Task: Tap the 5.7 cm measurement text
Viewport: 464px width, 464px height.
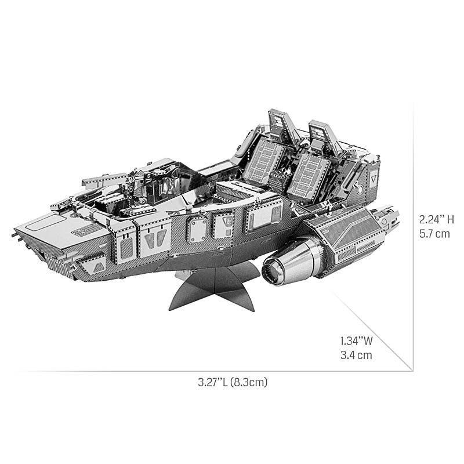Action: click(435, 234)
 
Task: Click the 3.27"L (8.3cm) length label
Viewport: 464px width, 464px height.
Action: click(232, 382)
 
